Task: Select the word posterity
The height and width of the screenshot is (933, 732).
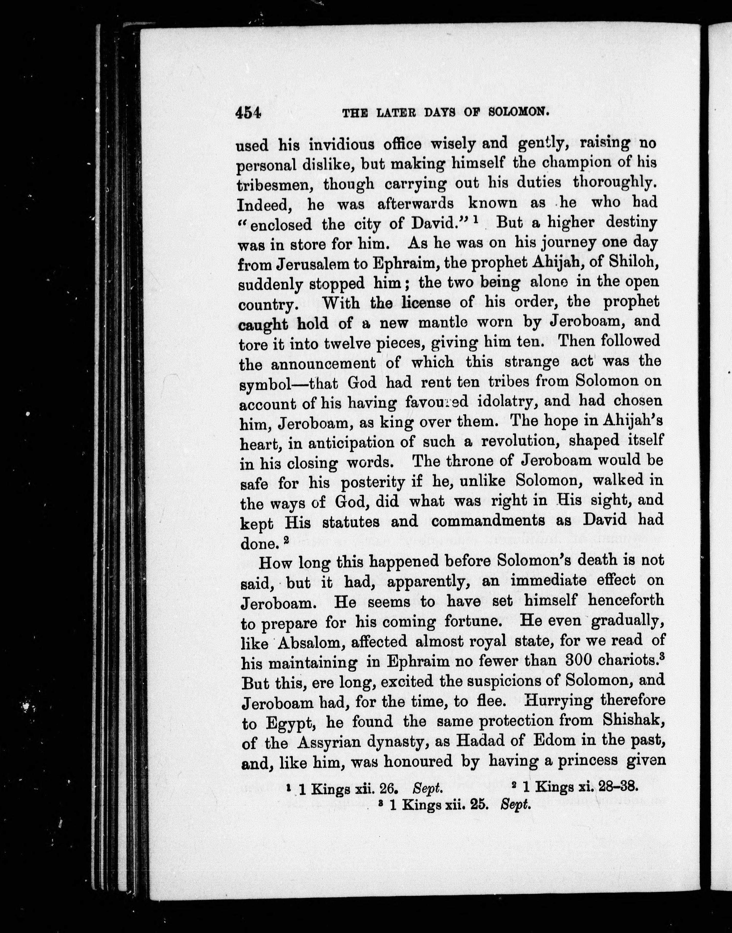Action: coord(372,483)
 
